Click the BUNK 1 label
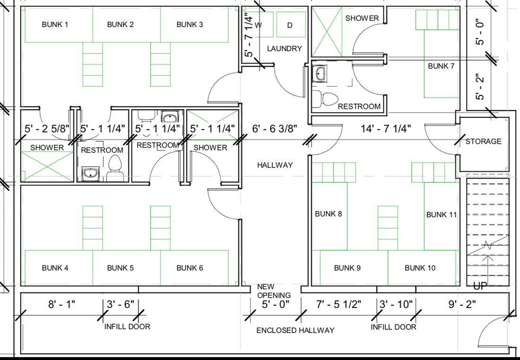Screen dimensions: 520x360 tap(55, 25)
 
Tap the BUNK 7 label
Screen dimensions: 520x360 tap(441, 66)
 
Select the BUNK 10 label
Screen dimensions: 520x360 tap(420, 268)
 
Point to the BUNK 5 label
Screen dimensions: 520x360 tap(121, 268)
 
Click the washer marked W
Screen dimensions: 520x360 tap(260, 25)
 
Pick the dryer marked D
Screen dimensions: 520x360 tap(291, 25)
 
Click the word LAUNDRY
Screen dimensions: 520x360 tap(285, 48)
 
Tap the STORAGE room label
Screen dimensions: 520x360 tap(483, 141)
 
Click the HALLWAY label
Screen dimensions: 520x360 tap(275, 165)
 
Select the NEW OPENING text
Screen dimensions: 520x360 tap(274, 290)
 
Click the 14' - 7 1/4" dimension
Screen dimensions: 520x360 tap(386, 128)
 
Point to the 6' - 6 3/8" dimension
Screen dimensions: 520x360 tap(275, 128)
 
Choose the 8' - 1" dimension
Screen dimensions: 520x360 tap(61, 304)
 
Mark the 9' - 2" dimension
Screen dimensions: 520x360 tap(462, 304)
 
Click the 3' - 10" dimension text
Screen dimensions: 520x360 tap(396, 304)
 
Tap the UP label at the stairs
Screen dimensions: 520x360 tap(478, 286)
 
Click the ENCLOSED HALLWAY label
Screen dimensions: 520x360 tap(295, 330)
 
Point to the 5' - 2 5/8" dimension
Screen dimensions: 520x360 tap(47, 128)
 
